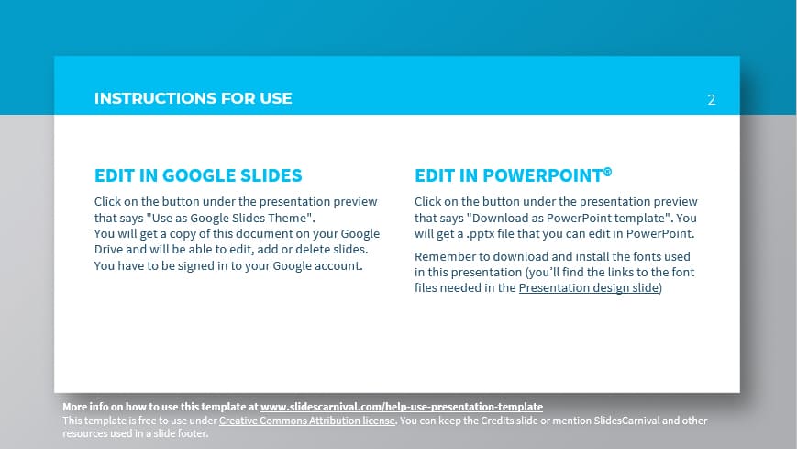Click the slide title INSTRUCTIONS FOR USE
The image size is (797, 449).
tap(193, 98)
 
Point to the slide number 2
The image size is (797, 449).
tap(711, 100)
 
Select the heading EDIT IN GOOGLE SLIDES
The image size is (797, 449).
tap(198, 175)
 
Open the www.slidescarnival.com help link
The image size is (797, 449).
tap(402, 406)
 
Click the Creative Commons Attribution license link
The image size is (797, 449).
tap(307, 421)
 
